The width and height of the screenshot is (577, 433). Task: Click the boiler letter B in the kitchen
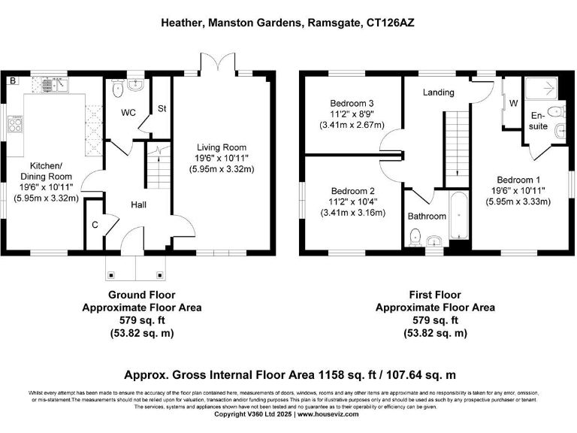click(x=13, y=80)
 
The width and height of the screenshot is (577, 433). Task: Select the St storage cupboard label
click(x=161, y=108)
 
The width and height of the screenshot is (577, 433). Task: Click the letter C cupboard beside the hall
click(x=95, y=224)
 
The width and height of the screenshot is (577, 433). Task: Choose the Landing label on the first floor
click(x=438, y=92)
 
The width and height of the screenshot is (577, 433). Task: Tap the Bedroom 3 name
click(x=352, y=103)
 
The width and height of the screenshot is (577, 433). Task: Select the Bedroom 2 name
click(x=352, y=191)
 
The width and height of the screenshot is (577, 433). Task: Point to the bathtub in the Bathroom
click(x=458, y=216)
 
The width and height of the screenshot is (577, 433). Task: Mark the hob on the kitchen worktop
click(x=16, y=125)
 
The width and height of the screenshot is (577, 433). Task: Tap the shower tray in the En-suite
click(x=543, y=89)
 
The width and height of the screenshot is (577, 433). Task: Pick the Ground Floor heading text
click(x=141, y=295)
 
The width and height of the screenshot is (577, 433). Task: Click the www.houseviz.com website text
click(x=331, y=414)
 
